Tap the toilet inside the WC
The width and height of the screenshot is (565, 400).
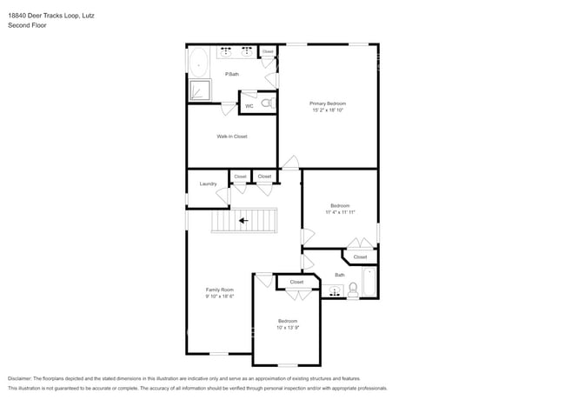pos(267,103)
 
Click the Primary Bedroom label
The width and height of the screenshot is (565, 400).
pos(334,103)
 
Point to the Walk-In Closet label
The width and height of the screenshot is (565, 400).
pos(232,137)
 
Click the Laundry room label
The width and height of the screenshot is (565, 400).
pos(208,183)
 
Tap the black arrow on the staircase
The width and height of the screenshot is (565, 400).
pos(244,221)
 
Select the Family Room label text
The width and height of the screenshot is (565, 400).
pos(219,290)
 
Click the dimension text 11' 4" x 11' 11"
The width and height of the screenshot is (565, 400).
pos(339,212)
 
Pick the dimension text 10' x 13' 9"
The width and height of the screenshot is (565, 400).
pos(288,327)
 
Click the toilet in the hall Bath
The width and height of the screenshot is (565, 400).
pos(354,290)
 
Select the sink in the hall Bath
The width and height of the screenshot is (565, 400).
pos(335,292)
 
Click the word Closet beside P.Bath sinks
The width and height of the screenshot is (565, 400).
pos(268,52)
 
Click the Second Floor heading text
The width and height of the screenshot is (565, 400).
pos(27,26)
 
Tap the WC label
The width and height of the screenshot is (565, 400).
pos(249,106)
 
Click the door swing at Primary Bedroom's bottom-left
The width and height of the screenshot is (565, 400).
pos(291,162)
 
